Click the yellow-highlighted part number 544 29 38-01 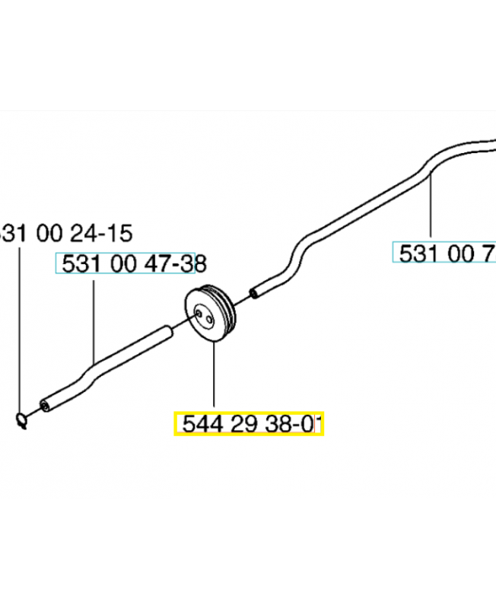pyautogui.click(x=250, y=424)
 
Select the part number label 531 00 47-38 pyautogui.click(x=126, y=263)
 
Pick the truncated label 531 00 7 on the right pyautogui.click(x=444, y=253)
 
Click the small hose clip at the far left pyautogui.click(x=22, y=418)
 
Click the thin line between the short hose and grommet pyautogui.click(x=178, y=327)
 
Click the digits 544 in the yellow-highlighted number pyautogui.click(x=194, y=424)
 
